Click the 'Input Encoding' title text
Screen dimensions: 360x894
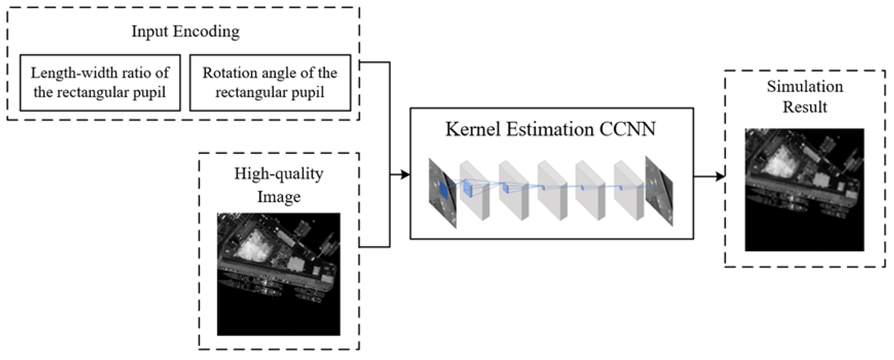point(185,31)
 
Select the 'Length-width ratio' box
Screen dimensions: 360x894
point(100,83)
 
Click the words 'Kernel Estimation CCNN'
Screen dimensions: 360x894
point(550,129)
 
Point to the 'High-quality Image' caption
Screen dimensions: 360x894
point(279,185)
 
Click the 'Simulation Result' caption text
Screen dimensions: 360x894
point(805,97)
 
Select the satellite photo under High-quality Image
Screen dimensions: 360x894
point(279,274)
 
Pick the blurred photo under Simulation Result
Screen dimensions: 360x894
point(805,190)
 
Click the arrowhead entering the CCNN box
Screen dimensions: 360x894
point(405,174)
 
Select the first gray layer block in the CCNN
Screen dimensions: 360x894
point(474,190)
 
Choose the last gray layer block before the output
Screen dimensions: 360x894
point(628,190)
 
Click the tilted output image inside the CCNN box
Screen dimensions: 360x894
point(659,191)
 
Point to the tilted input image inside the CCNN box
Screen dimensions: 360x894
point(442,193)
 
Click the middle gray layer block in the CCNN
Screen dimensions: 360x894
point(552,190)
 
